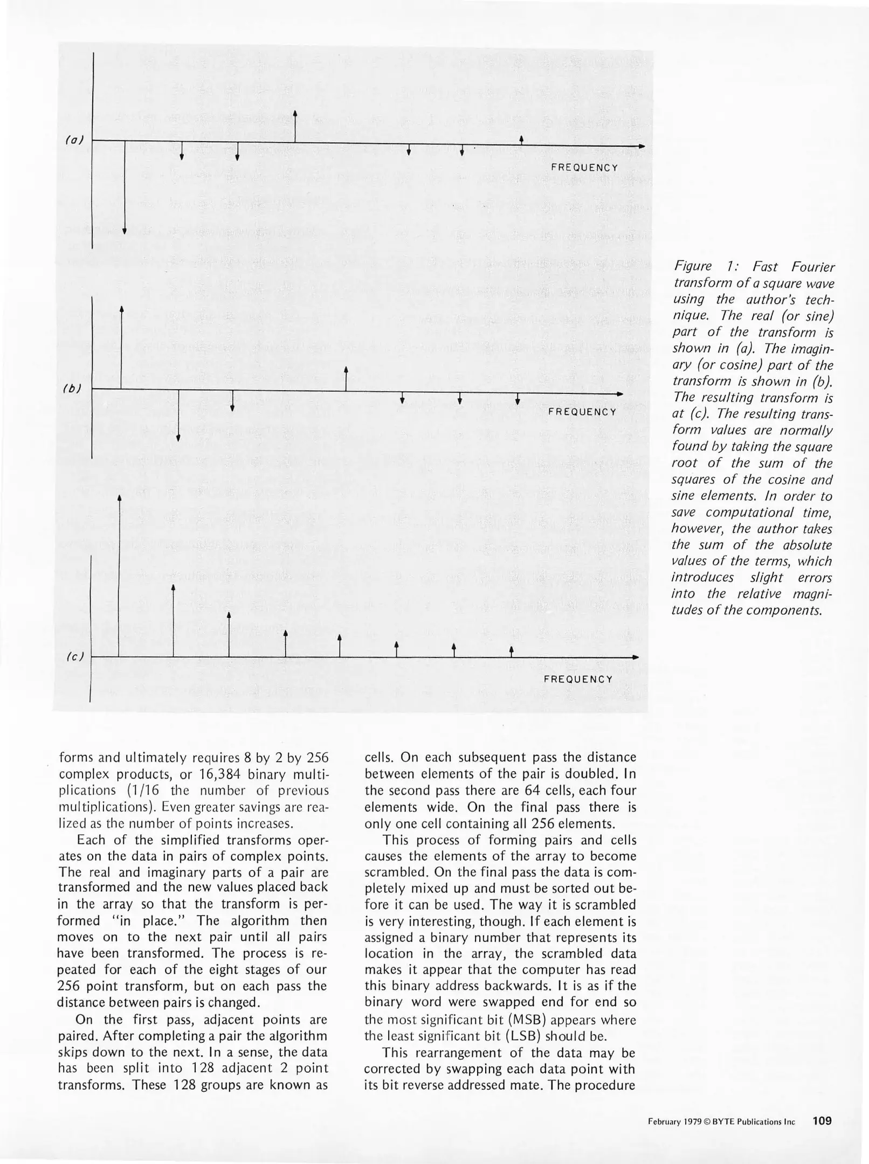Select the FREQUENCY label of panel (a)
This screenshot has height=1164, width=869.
pos(584,168)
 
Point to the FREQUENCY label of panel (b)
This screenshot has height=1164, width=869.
pos(582,412)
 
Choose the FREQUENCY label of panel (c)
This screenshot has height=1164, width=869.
pos(578,679)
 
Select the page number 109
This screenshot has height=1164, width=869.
pos(822,1121)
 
